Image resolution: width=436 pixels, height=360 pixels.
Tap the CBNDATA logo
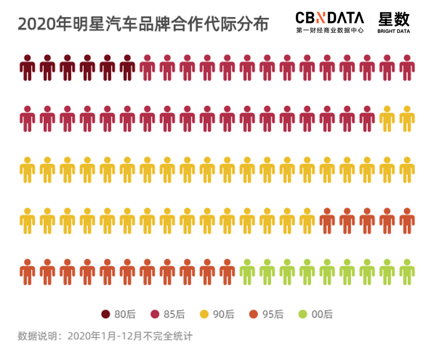329,18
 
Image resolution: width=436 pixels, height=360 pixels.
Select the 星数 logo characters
394,19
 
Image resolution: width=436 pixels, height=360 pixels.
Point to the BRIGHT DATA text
394,31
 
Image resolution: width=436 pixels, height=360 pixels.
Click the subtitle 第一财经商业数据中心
330,31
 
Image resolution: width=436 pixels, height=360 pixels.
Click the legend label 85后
174,314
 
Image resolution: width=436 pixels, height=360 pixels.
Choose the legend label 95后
273,314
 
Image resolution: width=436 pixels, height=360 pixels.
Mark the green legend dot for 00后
303,314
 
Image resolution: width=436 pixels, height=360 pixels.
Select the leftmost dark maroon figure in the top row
27,67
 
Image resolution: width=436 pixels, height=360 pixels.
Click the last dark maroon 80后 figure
127,67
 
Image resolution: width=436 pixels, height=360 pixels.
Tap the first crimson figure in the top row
147,67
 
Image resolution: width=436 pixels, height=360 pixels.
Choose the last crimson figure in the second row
367,119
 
